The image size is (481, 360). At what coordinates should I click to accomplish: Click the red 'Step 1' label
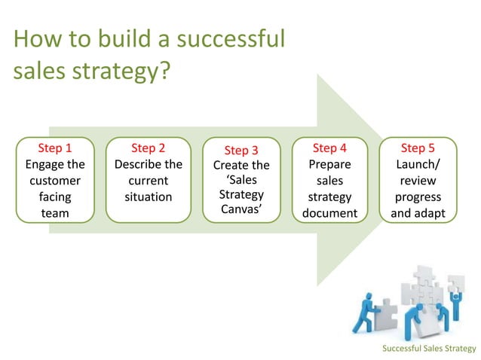point(55,148)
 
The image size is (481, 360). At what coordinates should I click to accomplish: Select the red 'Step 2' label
point(148,148)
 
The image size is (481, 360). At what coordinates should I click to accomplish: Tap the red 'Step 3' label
point(241,150)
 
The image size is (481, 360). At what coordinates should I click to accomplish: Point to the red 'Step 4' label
point(329,148)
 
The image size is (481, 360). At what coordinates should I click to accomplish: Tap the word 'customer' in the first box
point(55,181)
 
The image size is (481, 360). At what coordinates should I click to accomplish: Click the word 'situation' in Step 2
point(148,197)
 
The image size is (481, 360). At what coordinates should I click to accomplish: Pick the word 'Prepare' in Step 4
point(329,164)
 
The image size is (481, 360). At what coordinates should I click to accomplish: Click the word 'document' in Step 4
point(329,213)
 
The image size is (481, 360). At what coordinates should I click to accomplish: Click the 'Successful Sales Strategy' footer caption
point(429,348)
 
